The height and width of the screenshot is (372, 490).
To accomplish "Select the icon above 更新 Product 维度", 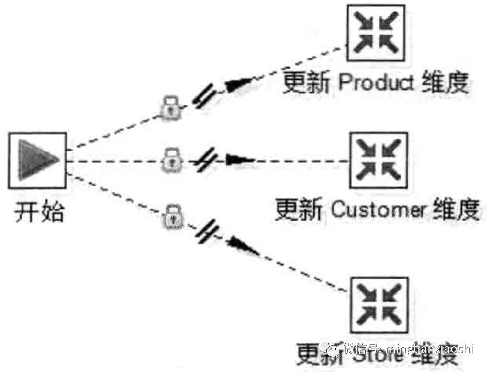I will (376, 34).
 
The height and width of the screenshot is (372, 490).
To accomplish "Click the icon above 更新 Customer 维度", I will (379, 161).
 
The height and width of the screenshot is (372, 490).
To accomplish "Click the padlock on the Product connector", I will (170, 107).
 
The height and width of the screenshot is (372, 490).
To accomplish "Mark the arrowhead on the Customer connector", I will (238, 160).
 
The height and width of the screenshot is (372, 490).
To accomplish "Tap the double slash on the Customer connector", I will (206, 160).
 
